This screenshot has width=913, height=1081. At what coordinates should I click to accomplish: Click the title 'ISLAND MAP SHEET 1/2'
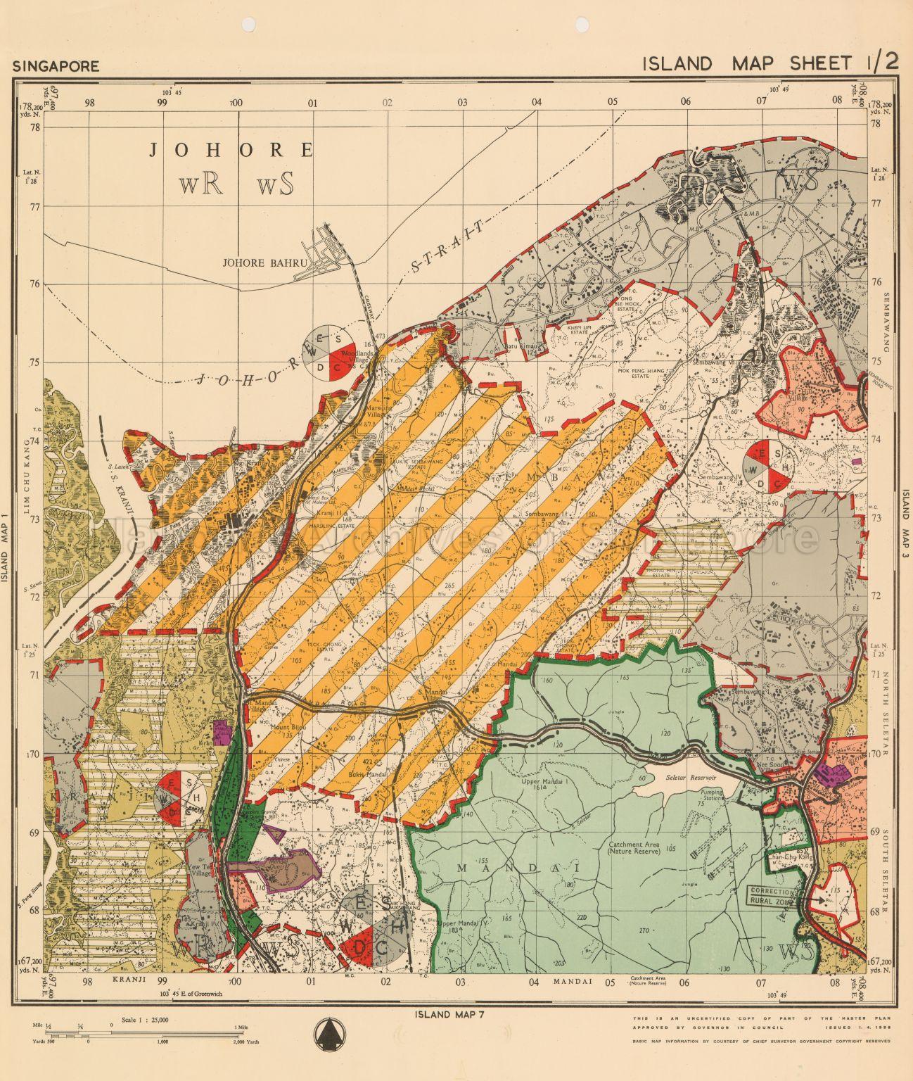(770, 63)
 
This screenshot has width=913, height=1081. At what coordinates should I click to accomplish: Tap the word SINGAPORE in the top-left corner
(56, 67)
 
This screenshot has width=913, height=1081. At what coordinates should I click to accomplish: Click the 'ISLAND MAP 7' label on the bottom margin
(441, 1014)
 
